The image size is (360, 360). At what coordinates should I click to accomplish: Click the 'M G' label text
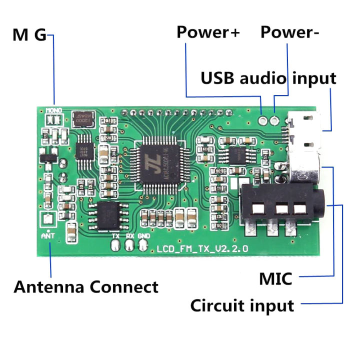29,35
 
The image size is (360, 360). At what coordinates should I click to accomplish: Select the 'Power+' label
208,32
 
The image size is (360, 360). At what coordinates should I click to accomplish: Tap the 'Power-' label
290,32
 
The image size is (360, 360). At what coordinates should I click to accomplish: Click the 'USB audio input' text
268,78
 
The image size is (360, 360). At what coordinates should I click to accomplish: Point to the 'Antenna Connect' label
86,287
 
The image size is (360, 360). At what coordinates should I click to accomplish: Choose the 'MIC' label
275,278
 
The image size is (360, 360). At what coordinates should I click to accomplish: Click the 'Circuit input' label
242,304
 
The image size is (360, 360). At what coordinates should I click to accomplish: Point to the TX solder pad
115,246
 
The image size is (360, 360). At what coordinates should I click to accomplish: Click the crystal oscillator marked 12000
81,120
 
